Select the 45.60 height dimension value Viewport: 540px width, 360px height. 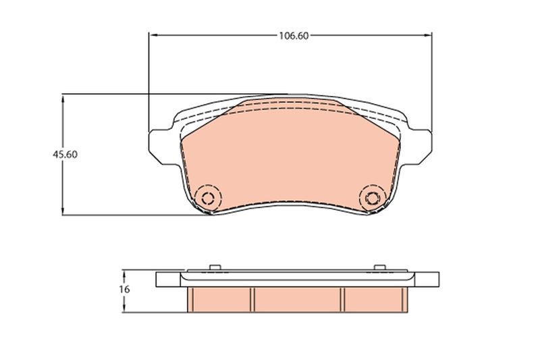[65, 154]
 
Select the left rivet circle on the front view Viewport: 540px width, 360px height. [208, 198]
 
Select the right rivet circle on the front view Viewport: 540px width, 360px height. [371, 198]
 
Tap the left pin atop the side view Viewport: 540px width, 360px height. [214, 268]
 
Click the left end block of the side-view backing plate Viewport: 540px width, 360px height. [167, 279]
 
